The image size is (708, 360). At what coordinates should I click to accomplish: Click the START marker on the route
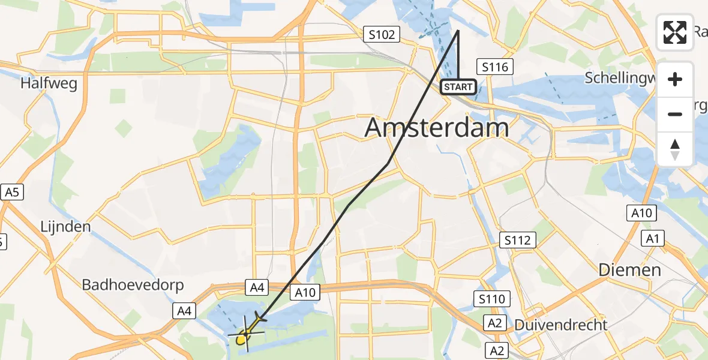point(459,88)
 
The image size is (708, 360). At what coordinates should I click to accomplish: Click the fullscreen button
point(675,32)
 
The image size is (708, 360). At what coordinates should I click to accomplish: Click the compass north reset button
point(675,149)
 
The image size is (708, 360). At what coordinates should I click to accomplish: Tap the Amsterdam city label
point(437,128)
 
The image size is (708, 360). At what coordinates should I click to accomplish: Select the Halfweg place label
point(49,83)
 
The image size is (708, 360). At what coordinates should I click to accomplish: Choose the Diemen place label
point(629,270)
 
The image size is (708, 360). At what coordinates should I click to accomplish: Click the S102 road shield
point(382,35)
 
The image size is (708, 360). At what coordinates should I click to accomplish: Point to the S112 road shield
point(517,241)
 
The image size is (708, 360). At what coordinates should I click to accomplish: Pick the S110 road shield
point(492,298)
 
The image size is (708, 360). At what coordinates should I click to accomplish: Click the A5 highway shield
point(12,193)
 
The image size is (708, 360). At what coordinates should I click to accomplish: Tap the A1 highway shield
point(652,239)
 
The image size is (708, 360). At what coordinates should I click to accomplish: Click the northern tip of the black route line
point(458,31)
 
